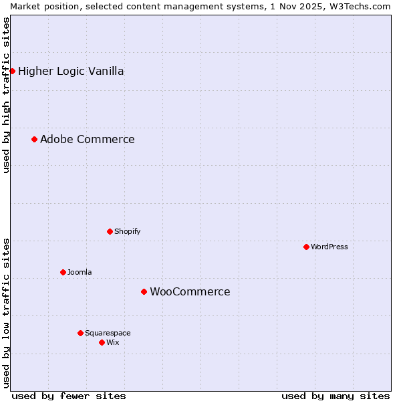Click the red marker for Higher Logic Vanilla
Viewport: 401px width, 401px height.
click(x=12, y=71)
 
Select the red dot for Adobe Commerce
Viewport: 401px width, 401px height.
click(x=34, y=139)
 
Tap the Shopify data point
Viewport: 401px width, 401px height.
click(x=110, y=231)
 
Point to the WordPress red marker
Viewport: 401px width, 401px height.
click(x=306, y=247)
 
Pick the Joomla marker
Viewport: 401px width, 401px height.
click(x=63, y=272)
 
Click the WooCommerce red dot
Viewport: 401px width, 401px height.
click(x=144, y=291)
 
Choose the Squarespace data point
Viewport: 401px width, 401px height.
click(x=80, y=333)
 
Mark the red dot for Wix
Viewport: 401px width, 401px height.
click(x=102, y=342)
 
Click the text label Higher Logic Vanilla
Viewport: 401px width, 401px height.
click(x=71, y=72)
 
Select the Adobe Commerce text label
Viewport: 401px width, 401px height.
click(x=87, y=140)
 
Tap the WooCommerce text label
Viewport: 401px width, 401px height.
click(x=190, y=292)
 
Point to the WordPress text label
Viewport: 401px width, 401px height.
click(x=329, y=247)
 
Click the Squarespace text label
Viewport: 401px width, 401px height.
click(x=108, y=333)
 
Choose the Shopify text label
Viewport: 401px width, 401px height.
click(x=127, y=231)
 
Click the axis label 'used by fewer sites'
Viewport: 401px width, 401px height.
click(x=69, y=396)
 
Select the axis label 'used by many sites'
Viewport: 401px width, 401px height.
click(x=336, y=396)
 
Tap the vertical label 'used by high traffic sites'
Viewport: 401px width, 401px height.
click(x=6, y=95)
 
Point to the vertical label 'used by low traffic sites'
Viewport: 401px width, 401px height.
click(x=6, y=312)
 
